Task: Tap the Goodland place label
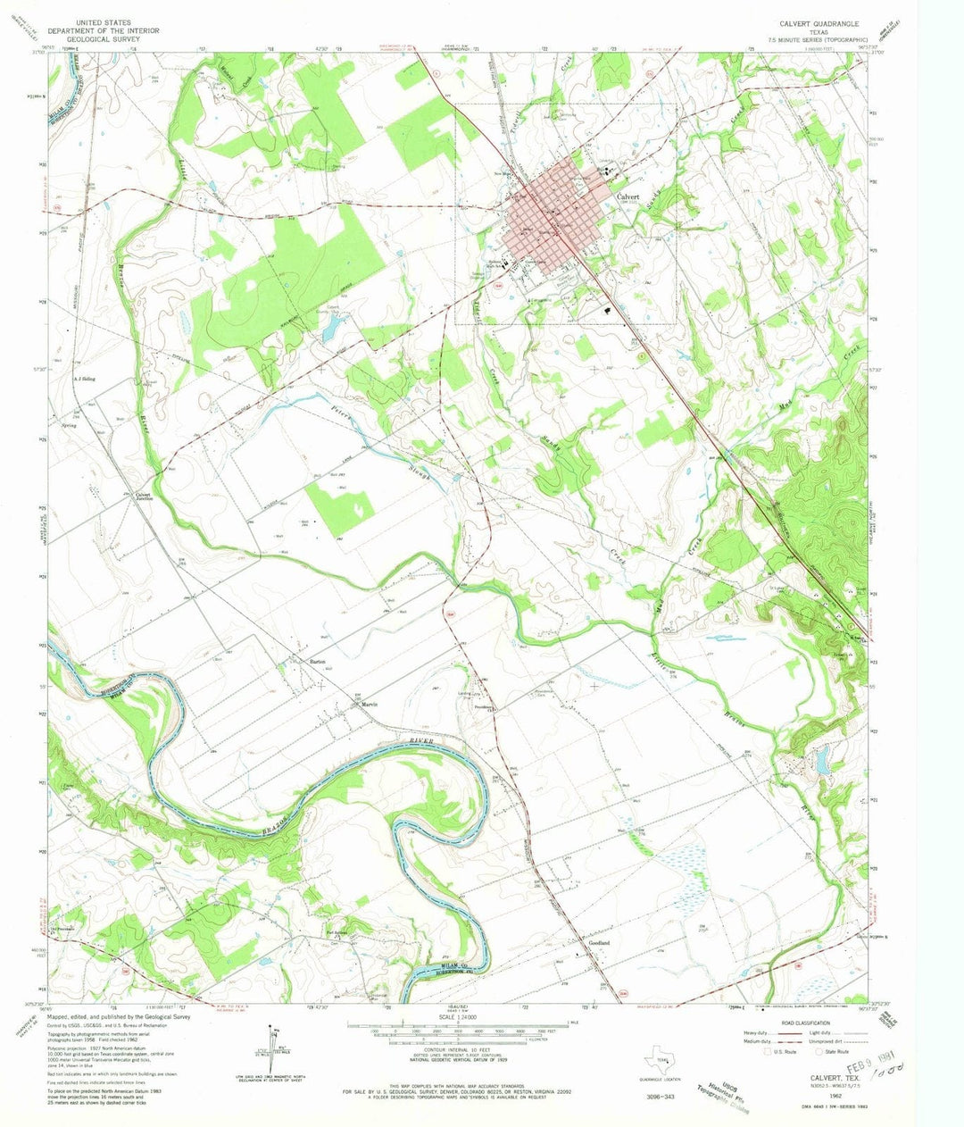(x=599, y=943)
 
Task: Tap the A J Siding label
(x=84, y=379)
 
